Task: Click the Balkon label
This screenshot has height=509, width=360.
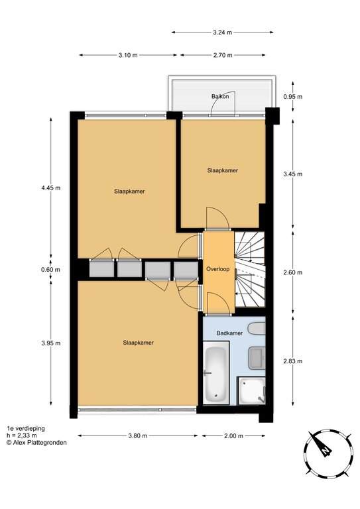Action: coord(220,96)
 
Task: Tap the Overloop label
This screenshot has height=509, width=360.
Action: coord(218,269)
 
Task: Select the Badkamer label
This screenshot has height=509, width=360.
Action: coord(229,333)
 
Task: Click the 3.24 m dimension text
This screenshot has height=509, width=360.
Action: coord(222,32)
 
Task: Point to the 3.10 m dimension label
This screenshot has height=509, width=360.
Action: coord(128,55)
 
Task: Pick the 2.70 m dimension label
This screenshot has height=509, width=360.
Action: coord(223,55)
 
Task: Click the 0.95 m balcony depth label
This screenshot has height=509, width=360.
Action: coord(293,96)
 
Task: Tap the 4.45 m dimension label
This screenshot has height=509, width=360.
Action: coord(50,188)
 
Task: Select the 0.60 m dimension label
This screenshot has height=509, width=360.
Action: coord(50,270)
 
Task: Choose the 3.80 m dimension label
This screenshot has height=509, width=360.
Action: coord(138,435)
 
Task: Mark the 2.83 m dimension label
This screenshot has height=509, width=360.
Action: coord(293,361)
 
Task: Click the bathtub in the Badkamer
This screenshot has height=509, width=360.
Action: coord(216,372)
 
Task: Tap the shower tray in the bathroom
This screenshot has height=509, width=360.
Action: coord(251,391)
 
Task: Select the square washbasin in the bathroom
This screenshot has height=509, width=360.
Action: coord(257,358)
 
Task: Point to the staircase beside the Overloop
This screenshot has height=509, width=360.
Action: coord(250,269)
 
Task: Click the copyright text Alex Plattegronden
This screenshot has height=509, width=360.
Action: coord(36,443)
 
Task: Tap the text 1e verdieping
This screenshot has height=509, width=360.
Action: coord(26,429)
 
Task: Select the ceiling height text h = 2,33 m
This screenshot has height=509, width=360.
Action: coord(21,435)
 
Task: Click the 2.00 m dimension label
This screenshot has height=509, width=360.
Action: coord(233,435)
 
